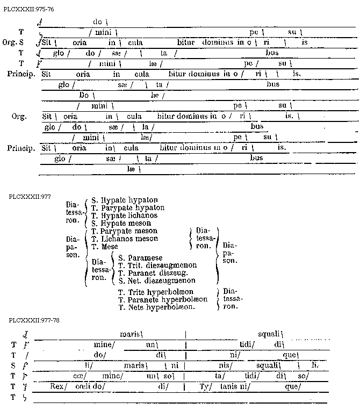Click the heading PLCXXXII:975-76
tap(28, 10)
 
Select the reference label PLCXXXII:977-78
tap(34, 320)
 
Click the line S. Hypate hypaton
tap(121, 199)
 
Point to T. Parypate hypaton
tap(128, 207)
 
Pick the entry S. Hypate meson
tap(121, 223)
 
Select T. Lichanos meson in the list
tap(125, 239)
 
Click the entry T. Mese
tap(105, 247)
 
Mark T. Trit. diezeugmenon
tap(157, 265)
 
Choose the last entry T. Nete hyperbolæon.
tap(156, 307)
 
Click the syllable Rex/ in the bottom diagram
tap(57, 386)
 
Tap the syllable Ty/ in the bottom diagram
tap(205, 386)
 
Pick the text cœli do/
tap(90, 386)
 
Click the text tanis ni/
tap(230, 386)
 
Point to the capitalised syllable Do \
tap(85, 95)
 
